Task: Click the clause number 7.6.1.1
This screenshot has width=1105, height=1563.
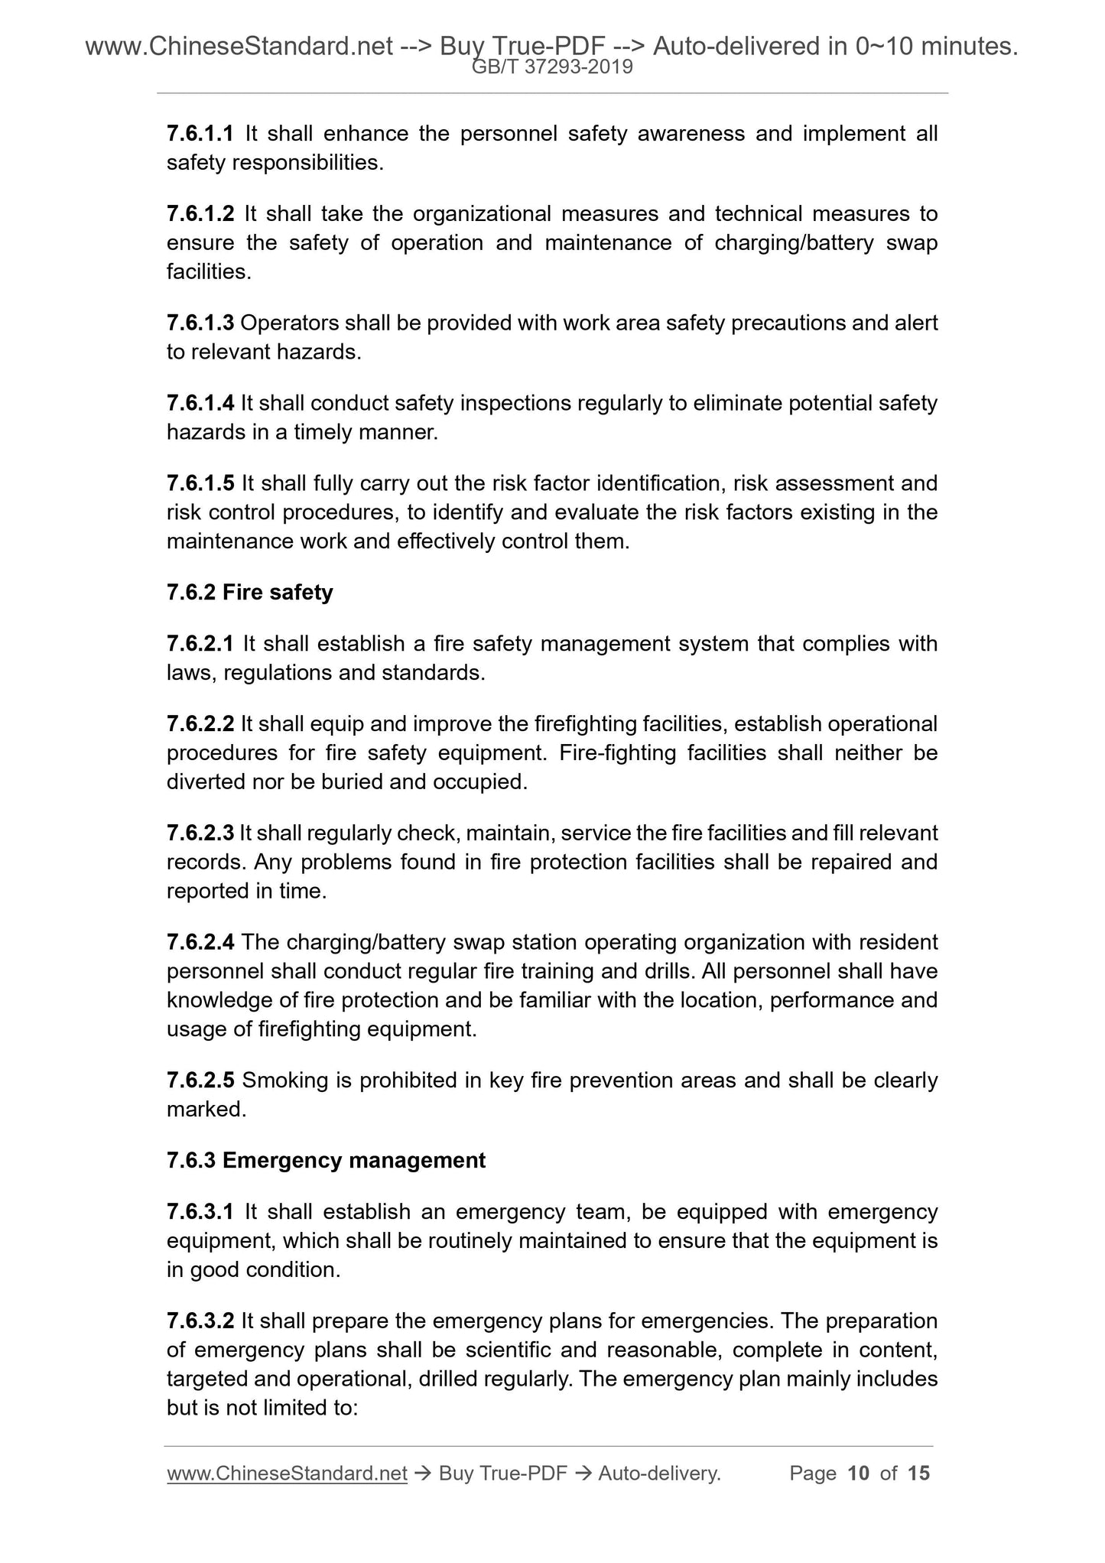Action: tap(200, 134)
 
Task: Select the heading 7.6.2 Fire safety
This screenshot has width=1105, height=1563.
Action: tap(249, 593)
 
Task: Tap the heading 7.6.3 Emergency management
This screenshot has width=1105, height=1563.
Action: tap(326, 1160)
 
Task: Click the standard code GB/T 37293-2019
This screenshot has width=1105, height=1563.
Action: tap(552, 67)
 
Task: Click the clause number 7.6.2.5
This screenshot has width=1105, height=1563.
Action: tap(200, 1080)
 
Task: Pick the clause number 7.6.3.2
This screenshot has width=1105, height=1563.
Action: tap(200, 1321)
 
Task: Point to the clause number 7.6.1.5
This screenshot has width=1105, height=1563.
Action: tap(200, 483)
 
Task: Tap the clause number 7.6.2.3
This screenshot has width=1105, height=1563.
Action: tap(200, 833)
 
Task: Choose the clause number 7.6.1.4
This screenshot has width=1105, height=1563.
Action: tap(200, 403)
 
